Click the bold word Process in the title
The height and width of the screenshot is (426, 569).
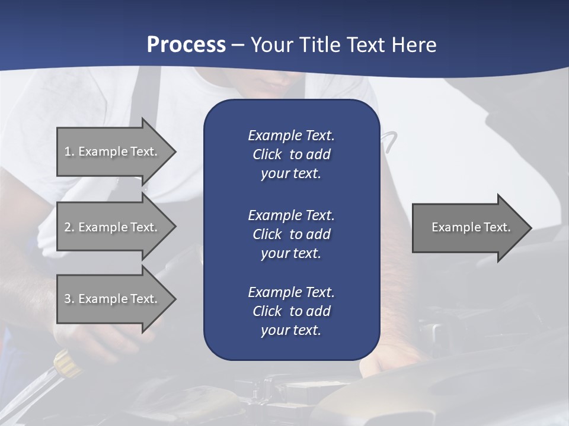[x=186, y=44]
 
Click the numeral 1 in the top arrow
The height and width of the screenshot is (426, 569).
[x=68, y=151]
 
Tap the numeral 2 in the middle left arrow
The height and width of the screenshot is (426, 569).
[x=68, y=227]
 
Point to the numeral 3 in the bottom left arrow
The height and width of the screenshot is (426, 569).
[x=68, y=299]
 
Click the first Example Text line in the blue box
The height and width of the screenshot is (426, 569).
[x=291, y=135]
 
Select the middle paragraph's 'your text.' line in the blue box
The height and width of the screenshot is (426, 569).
[x=291, y=253]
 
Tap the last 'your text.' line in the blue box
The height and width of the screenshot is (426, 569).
[x=291, y=330]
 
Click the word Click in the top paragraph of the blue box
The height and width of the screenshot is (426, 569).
[x=267, y=154]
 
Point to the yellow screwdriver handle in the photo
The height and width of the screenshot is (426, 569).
[x=67, y=362]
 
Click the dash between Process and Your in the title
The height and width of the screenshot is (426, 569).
[x=238, y=45]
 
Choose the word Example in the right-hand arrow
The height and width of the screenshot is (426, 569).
[x=452, y=227]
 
